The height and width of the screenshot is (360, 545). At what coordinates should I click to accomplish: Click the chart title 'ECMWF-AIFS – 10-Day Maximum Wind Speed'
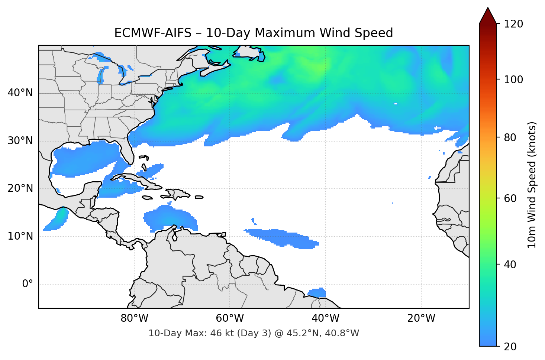(x=254, y=33)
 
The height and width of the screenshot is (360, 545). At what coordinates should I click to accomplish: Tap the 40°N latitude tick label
(x=20, y=93)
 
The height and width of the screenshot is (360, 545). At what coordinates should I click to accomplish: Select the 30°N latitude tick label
(x=20, y=141)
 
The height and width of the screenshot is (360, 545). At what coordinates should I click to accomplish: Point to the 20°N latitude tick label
(x=20, y=188)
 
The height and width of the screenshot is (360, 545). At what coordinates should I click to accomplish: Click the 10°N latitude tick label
(x=20, y=236)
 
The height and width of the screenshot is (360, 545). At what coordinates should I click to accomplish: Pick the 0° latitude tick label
(x=28, y=284)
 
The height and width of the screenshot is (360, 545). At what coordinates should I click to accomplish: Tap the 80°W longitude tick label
(x=135, y=318)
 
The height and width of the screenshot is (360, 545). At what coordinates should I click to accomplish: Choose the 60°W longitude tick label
(x=230, y=318)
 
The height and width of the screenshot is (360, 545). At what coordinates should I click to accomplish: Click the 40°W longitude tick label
(x=326, y=318)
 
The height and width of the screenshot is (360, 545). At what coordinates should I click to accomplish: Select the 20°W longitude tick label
(x=421, y=318)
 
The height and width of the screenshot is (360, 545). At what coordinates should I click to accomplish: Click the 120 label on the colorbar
(x=513, y=24)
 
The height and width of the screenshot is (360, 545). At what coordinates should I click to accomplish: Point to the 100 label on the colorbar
(x=513, y=80)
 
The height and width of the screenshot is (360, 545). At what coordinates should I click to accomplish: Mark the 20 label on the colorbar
(x=510, y=347)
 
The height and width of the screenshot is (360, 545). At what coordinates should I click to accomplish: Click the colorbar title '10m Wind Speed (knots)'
(x=532, y=185)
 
